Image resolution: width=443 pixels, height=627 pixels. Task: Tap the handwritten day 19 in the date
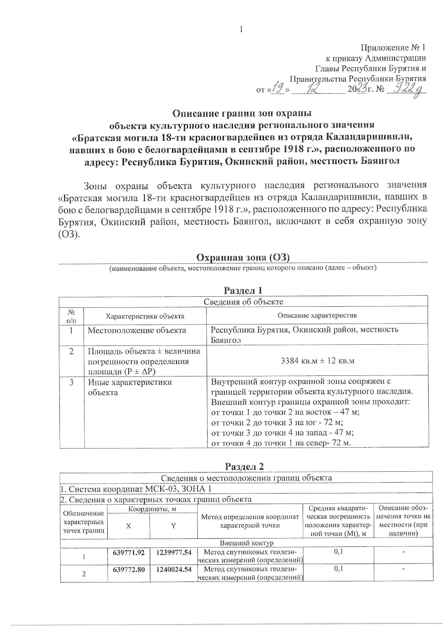coord(278,89)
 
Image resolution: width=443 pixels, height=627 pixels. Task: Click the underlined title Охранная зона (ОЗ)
coord(243,257)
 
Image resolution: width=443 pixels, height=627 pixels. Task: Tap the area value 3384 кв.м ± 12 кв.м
coord(317,361)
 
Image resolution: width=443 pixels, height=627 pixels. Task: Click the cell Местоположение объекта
coord(137,330)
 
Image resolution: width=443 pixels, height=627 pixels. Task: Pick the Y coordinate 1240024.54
coord(174,569)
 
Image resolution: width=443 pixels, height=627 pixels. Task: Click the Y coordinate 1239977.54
coord(174,552)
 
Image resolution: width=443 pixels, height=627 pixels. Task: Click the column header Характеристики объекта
coord(145,316)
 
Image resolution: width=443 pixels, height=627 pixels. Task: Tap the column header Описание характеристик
coord(317,315)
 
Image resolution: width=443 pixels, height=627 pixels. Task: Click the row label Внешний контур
coord(246,543)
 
